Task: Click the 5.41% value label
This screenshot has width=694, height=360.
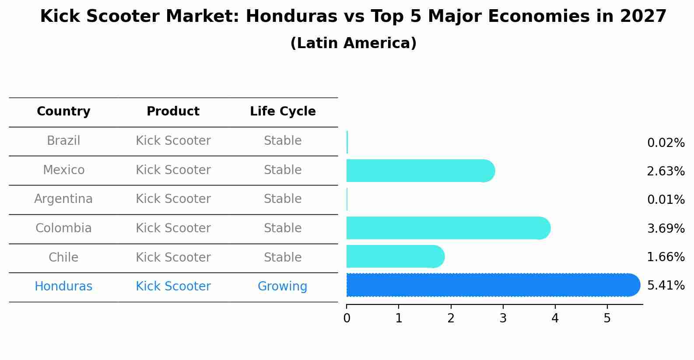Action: (x=666, y=286)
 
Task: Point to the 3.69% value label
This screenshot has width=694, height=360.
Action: (x=666, y=228)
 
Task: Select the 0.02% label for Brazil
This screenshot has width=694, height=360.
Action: (x=666, y=143)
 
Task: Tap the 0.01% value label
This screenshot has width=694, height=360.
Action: (x=666, y=200)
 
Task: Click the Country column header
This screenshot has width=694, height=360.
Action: (x=63, y=112)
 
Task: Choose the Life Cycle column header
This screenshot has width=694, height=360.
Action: (x=283, y=112)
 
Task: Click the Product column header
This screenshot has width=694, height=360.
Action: (x=173, y=112)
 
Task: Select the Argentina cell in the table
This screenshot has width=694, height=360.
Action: (x=63, y=199)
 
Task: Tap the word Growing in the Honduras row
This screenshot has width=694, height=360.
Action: (x=282, y=287)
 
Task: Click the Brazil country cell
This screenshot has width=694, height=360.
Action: (x=63, y=141)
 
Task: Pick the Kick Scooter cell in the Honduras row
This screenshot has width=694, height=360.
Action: (x=173, y=287)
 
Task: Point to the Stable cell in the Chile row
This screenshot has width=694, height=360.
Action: (x=282, y=257)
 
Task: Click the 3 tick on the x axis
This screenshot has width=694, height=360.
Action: (x=503, y=318)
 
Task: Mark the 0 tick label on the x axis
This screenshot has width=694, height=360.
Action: (x=347, y=318)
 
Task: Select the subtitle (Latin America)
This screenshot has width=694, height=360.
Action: (x=353, y=43)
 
